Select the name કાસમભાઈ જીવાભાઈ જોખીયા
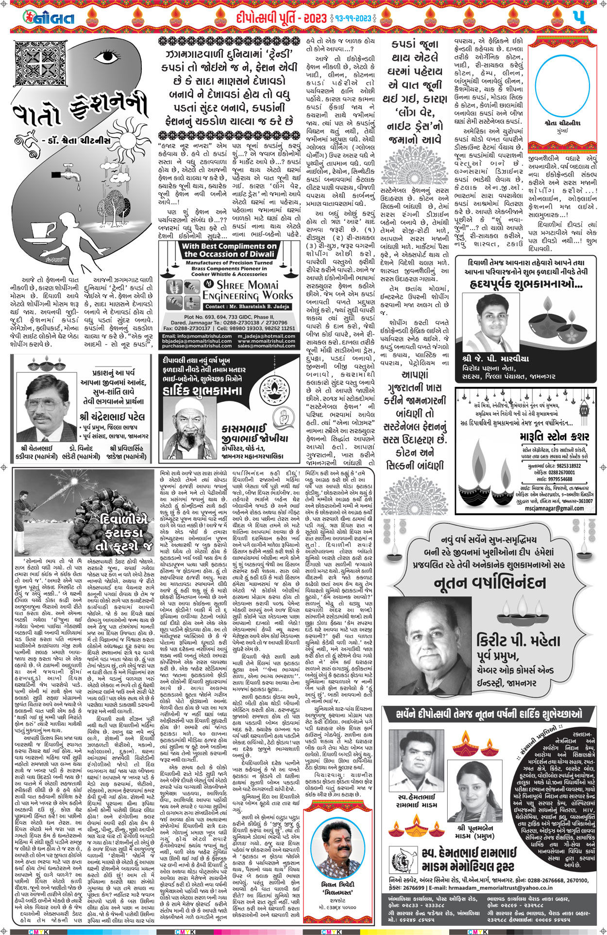pyautogui.click(x=254, y=434)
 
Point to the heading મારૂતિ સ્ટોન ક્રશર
pyautogui.click(x=554, y=436)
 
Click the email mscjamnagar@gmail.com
pyautogui.click(x=554, y=508)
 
